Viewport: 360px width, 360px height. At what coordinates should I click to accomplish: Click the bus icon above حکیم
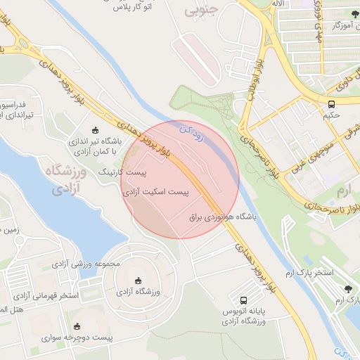331,103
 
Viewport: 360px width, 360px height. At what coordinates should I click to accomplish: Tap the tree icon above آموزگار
353,15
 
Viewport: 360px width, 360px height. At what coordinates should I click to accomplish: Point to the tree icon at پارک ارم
349,288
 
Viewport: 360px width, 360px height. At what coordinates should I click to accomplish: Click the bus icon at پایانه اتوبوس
243,299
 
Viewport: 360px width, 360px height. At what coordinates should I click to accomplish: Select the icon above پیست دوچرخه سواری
77,327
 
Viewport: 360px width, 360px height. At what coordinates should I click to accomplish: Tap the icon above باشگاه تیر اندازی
96,130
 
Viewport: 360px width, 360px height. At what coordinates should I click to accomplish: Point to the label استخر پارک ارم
314,271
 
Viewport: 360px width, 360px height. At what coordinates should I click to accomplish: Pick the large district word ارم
342,191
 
